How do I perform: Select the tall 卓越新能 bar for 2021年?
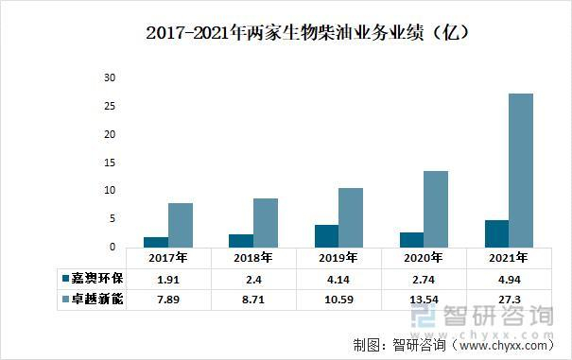pos(521,170)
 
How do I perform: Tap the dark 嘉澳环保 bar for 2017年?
pos(156,242)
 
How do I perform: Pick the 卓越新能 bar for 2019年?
pos(351,217)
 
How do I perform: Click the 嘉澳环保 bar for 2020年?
pos(411,239)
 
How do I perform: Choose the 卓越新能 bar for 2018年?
pos(266,222)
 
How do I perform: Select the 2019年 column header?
pos(338,257)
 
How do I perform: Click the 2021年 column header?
pos(509,257)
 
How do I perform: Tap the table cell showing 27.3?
pos(509,299)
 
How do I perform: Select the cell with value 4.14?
pos(338,279)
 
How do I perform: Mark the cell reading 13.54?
pos(424,299)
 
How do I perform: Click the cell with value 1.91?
pos(168,279)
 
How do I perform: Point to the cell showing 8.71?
pos(253,299)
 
